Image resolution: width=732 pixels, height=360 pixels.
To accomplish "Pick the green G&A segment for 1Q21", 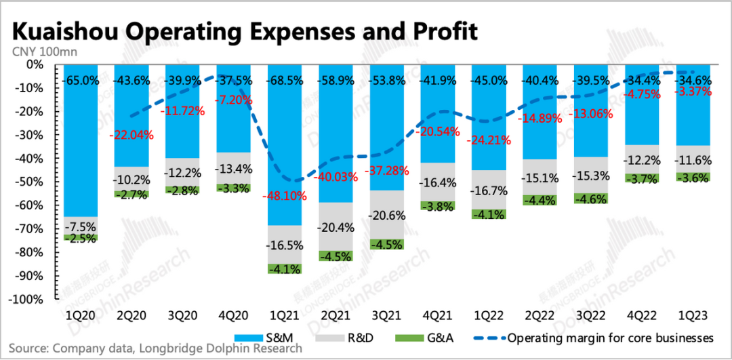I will (x=285, y=268).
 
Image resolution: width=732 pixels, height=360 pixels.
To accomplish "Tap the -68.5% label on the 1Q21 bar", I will (x=285, y=80).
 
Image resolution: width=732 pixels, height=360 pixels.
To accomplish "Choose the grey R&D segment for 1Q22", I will (x=490, y=190).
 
